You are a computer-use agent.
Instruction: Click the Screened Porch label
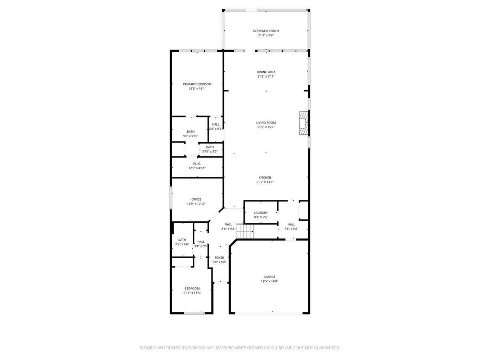click(x=266, y=31)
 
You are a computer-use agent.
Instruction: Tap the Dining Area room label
click(x=266, y=72)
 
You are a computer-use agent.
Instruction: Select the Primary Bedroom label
click(x=197, y=84)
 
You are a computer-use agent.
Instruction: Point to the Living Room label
click(x=266, y=123)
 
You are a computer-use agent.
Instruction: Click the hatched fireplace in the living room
click(x=303, y=123)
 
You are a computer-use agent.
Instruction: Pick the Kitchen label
click(x=265, y=178)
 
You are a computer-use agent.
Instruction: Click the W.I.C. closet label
click(x=197, y=163)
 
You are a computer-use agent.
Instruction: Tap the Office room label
click(x=196, y=199)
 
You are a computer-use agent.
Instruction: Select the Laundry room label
click(x=261, y=213)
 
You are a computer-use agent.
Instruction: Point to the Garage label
click(x=269, y=277)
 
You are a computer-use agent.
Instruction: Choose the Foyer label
click(x=219, y=258)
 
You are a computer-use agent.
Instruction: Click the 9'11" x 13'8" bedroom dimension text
click(x=192, y=293)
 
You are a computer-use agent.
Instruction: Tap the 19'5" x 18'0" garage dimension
click(x=269, y=281)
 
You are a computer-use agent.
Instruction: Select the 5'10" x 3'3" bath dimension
click(x=210, y=151)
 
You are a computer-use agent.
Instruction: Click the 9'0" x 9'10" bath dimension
click(x=191, y=136)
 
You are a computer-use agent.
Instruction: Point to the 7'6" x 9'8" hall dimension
click(x=291, y=229)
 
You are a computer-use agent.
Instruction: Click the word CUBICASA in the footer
click(x=197, y=348)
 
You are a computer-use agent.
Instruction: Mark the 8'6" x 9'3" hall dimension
click(x=228, y=229)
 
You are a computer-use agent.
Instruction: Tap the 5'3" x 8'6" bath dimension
click(x=182, y=244)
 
